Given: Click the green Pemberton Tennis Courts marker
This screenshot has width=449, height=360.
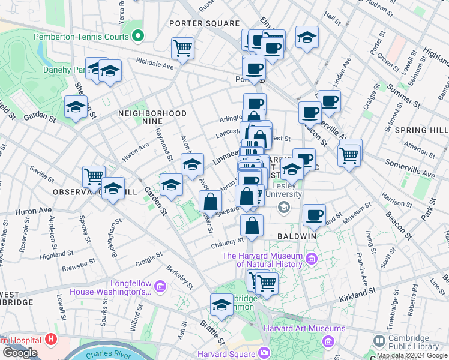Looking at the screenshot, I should (x=139, y=37).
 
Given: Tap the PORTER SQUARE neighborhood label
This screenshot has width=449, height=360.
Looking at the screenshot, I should (x=204, y=23).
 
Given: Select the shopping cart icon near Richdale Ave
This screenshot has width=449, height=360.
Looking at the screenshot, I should (x=182, y=48).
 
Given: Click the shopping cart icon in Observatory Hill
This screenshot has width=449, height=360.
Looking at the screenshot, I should (x=94, y=176).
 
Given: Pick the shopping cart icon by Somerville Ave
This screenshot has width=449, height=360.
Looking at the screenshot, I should (x=349, y=155).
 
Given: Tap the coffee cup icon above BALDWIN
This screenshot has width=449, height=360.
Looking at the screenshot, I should (x=313, y=215).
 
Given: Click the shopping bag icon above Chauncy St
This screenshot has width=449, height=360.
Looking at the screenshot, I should (x=252, y=226).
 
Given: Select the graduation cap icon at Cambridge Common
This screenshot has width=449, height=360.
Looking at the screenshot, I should (x=221, y=305).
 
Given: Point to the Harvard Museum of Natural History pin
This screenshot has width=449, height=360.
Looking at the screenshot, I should (x=311, y=259).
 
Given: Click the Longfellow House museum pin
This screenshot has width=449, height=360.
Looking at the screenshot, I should (x=160, y=287).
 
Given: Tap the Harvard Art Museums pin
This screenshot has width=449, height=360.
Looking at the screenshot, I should (x=328, y=341).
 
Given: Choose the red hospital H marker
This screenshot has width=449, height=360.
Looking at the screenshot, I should (x=51, y=340).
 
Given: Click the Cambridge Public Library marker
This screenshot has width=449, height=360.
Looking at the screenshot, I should (x=379, y=340).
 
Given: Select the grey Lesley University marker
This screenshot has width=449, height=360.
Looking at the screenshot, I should (x=283, y=206).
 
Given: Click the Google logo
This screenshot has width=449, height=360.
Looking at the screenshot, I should (x=20, y=352).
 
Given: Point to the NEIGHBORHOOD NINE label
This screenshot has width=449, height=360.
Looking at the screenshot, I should (x=152, y=113).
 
